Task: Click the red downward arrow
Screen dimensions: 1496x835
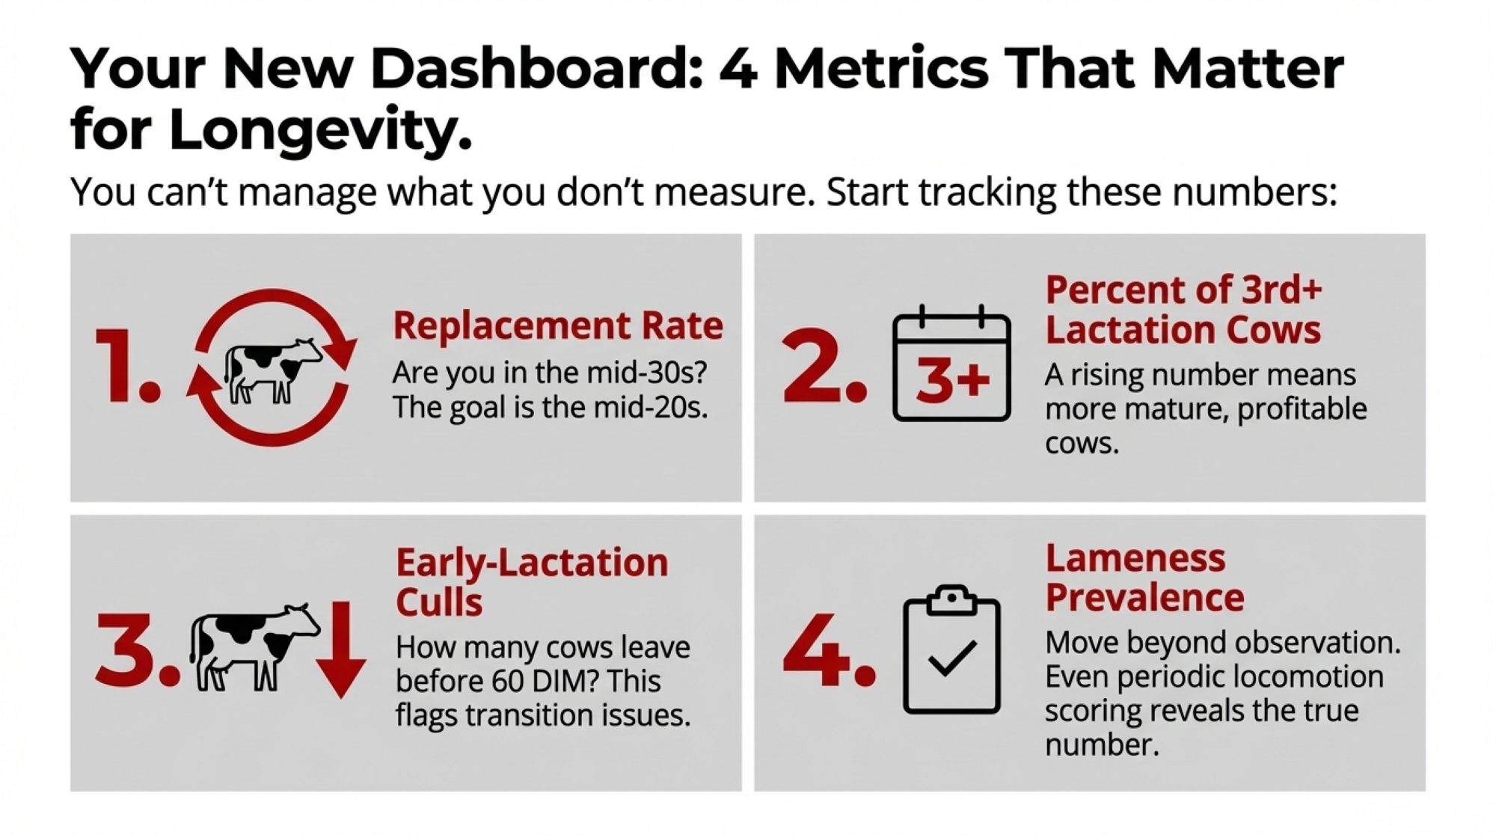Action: click(340, 649)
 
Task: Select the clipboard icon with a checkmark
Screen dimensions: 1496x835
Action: click(951, 649)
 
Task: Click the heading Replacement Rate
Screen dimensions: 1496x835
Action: click(558, 326)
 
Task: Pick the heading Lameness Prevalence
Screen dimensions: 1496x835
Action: click(1144, 578)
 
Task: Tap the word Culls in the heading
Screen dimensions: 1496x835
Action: click(439, 602)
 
